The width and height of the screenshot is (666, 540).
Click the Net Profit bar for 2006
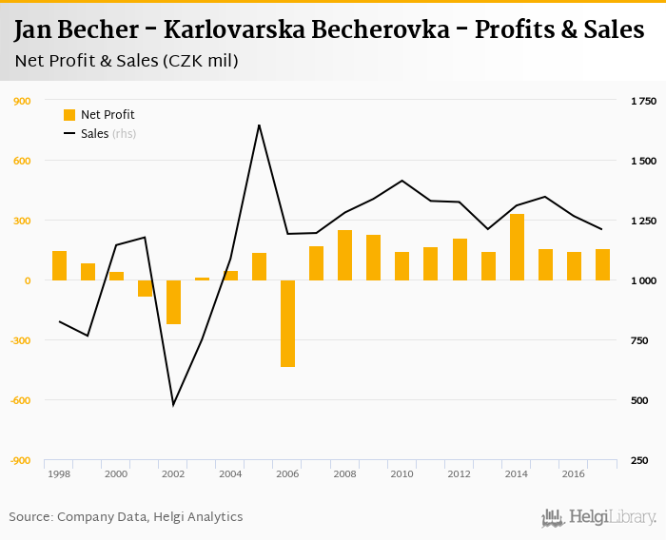pyautogui.click(x=287, y=323)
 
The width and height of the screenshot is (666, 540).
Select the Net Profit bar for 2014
pyautogui.click(x=517, y=247)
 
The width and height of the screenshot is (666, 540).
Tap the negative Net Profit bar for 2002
pyautogui.click(x=173, y=302)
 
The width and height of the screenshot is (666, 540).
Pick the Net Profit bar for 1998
pyautogui.click(x=59, y=266)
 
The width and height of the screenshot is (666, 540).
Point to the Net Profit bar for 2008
pyautogui.click(x=344, y=256)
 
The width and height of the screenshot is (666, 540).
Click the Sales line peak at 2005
pyautogui.click(x=259, y=125)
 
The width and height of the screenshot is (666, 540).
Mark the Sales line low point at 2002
pyautogui.click(x=173, y=405)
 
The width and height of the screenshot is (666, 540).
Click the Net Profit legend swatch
pyautogui.click(x=69, y=115)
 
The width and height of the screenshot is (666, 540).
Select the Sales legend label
pyautogui.click(x=95, y=134)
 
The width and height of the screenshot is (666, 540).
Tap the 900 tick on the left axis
pyautogui.click(x=20, y=101)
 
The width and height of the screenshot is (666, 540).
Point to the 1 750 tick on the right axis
pyautogui.click(x=644, y=101)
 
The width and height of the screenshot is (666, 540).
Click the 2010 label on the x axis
pyautogui.click(x=402, y=473)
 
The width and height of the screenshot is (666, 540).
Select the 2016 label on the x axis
pyautogui.click(x=574, y=473)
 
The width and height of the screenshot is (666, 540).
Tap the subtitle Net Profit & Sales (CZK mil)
pyautogui.click(x=127, y=62)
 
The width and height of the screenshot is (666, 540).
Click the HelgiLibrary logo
pyautogui.click(x=599, y=517)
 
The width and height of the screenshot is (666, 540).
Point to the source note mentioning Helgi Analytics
pyautogui.click(x=126, y=517)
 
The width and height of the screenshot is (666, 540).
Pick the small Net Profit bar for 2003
pyautogui.click(x=202, y=279)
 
